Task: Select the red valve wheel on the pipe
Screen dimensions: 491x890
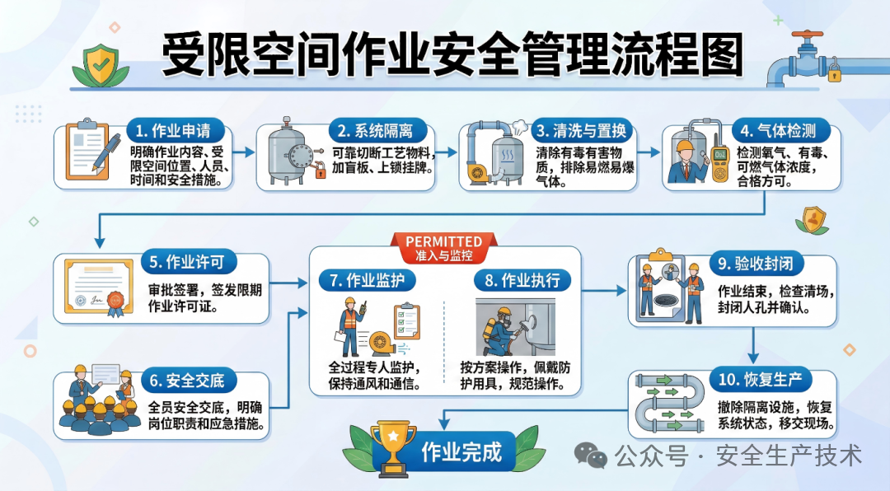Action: tap(808, 36)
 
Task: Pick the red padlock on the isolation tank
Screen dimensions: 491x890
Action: tap(319, 171)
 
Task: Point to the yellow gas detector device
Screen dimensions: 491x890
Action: tap(719, 161)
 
